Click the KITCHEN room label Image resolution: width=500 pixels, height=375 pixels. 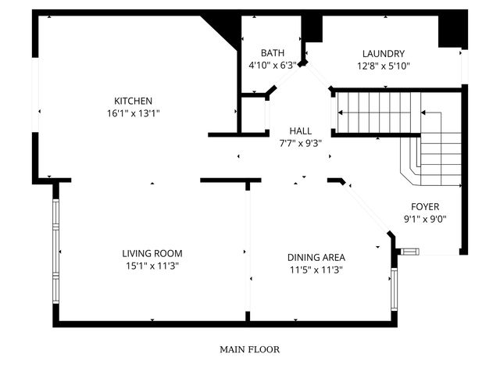pos(133,101)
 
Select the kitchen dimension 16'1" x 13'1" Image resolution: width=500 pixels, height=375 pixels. pos(133,113)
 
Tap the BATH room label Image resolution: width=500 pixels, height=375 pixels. pos(272,53)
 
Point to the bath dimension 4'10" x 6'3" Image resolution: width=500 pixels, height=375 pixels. pos(272,66)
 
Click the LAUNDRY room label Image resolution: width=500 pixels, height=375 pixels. pos(383,53)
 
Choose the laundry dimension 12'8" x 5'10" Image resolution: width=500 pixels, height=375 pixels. pos(383,66)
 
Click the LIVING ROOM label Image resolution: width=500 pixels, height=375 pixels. pos(152,253)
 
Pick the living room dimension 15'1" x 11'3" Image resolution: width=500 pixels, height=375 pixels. pos(152,266)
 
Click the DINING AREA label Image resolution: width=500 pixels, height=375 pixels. pos(316,257)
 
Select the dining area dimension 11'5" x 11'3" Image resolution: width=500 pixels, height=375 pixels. pos(316,270)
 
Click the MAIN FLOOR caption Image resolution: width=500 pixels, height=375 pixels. pos(249,350)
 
